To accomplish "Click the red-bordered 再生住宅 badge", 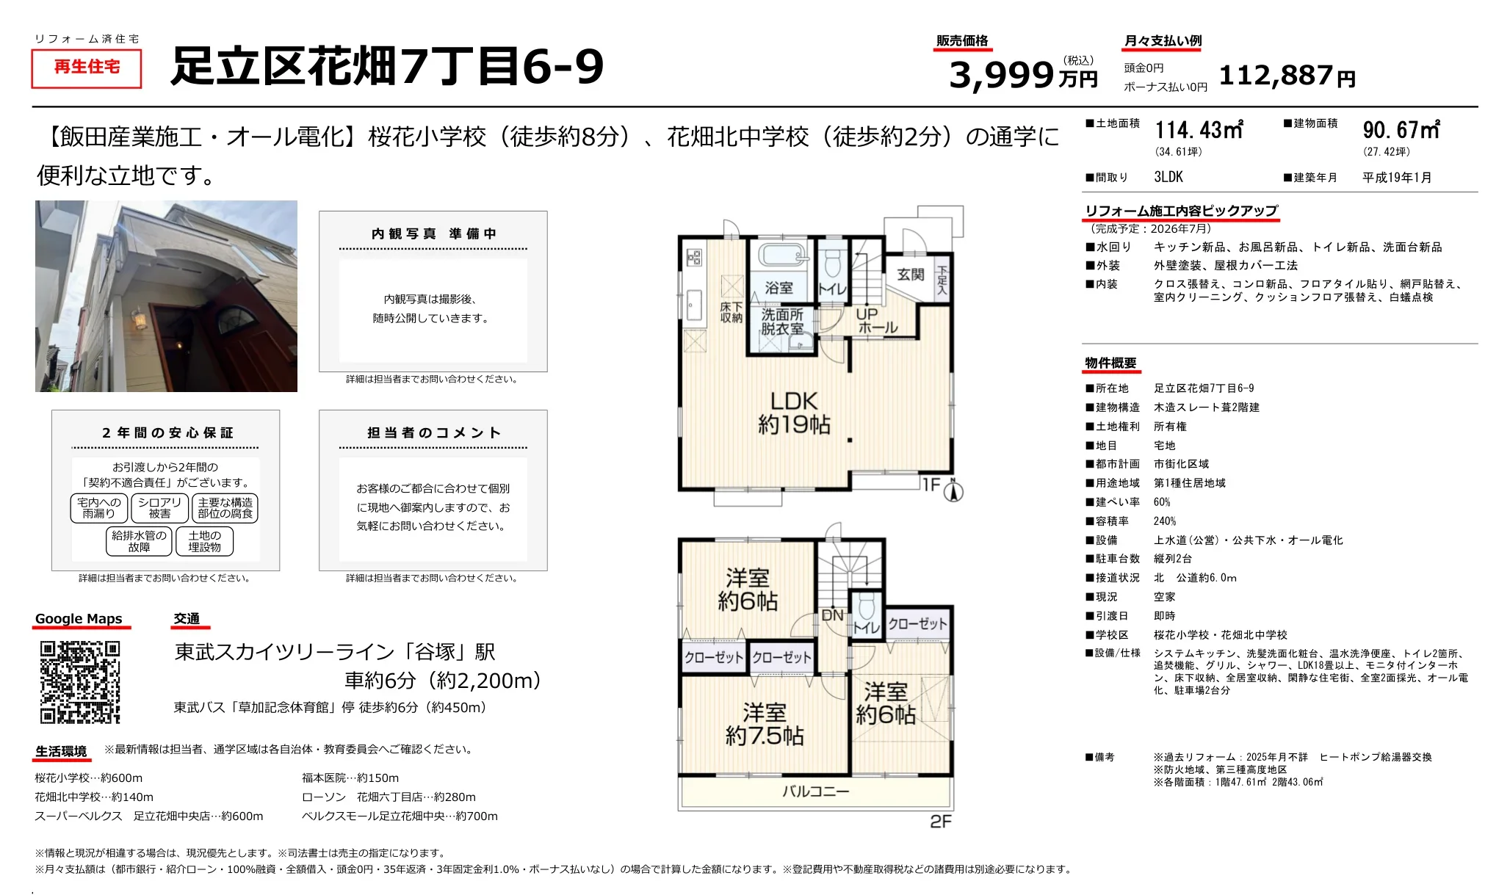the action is (87, 68).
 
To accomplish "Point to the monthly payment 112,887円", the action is (1287, 76).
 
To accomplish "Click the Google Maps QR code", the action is (80, 682).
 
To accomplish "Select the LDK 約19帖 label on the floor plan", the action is (794, 413).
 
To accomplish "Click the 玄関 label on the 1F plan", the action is (911, 275).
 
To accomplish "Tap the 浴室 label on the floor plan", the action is (779, 288).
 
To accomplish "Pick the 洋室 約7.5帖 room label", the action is (765, 724).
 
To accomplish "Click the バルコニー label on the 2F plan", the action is (815, 791).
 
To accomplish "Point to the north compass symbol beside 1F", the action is (953, 490).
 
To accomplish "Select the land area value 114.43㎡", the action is (1199, 130).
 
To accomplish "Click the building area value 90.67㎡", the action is (1401, 130).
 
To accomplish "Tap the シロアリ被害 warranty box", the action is (159, 508).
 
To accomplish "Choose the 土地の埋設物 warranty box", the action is (204, 541).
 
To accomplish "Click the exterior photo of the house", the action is (167, 296).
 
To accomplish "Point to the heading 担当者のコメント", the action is (433, 433).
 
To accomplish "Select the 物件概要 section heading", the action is (1110, 363).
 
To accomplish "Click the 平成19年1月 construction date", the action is (1397, 177).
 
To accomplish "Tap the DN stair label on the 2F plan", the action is (832, 615).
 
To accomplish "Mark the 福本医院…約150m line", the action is (350, 778).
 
